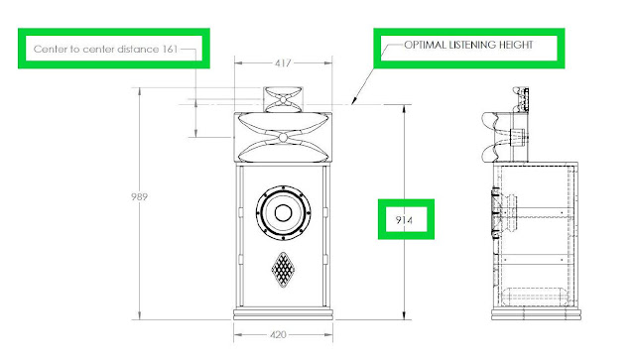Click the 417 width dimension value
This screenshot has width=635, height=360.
tap(283, 63)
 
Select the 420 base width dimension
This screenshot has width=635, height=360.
tap(278, 335)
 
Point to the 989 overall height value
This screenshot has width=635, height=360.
tap(139, 196)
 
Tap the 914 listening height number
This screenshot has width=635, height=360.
tap(404, 220)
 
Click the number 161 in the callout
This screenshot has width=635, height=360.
tap(170, 49)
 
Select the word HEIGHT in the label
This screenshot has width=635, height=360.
tap(516, 45)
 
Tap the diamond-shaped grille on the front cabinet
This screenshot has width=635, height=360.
tap(283, 270)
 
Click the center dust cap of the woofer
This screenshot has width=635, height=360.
tap(283, 212)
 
